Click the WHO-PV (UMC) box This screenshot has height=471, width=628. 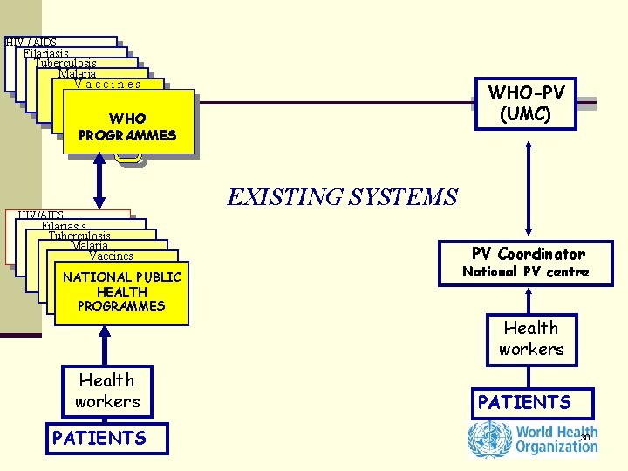click(x=526, y=104)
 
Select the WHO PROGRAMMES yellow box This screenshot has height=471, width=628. click(x=127, y=126)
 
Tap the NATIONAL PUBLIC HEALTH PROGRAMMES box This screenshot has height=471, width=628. click(x=121, y=292)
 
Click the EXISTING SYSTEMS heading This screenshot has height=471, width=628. click(x=342, y=197)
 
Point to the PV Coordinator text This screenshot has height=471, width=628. click(x=528, y=254)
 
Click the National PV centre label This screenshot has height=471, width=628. click(x=525, y=272)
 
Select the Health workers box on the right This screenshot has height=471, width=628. click(x=531, y=338)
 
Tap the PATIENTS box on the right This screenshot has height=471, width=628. click(x=524, y=402)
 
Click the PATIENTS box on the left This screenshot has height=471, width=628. click(x=99, y=437)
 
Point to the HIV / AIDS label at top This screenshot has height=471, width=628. click(x=31, y=42)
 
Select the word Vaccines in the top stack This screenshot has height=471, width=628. click(x=107, y=85)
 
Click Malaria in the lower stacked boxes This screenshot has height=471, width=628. click(x=90, y=246)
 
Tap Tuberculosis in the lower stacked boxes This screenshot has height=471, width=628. click(x=79, y=235)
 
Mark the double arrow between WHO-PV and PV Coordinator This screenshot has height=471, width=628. click(x=528, y=189)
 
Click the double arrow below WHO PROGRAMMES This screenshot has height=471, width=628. click(x=100, y=183)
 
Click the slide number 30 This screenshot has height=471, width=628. click(x=585, y=437)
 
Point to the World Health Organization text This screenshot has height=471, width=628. click(x=556, y=439)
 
